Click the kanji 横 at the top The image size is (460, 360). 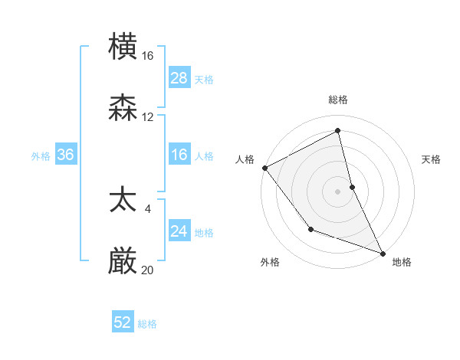[123, 47]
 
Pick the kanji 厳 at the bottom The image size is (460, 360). [123, 261]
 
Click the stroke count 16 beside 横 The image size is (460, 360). [148, 55]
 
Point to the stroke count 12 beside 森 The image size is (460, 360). [148, 117]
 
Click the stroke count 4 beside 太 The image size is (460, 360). [148, 208]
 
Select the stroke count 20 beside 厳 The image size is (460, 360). [148, 270]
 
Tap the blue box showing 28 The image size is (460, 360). [179, 78]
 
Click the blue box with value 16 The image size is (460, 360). [179, 155]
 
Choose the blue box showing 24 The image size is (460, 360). [179, 231]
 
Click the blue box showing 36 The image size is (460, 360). [66, 155]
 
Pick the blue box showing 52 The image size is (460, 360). [123, 323]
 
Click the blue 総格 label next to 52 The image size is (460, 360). [147, 324]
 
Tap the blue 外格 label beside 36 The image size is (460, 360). [41, 156]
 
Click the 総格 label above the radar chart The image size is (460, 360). [338, 100]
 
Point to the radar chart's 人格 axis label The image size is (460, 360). [245, 159]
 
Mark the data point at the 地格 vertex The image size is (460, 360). [383, 253]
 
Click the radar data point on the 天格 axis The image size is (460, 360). [352, 186]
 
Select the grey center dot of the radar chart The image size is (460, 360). [338, 191]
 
